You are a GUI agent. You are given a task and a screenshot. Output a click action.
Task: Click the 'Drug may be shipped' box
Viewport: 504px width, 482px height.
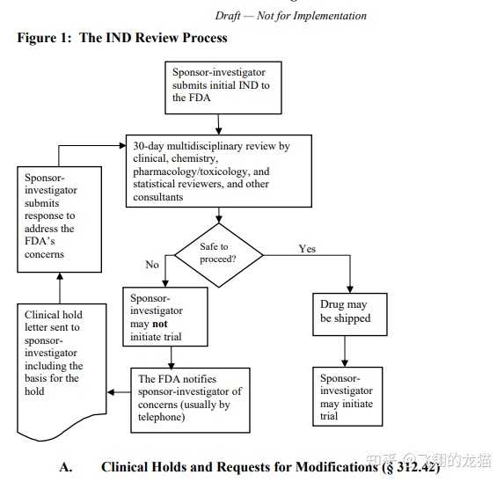349,311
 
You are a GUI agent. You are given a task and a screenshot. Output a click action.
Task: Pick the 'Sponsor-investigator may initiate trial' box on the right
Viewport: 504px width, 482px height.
349,396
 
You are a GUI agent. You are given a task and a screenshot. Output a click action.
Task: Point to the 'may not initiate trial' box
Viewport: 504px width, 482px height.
164,317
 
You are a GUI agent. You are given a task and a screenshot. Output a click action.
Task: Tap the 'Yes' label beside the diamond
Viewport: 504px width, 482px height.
307,249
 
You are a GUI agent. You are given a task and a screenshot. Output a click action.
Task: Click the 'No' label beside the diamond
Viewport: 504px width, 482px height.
152,263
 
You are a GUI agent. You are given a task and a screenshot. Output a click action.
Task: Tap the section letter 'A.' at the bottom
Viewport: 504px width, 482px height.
66,466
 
